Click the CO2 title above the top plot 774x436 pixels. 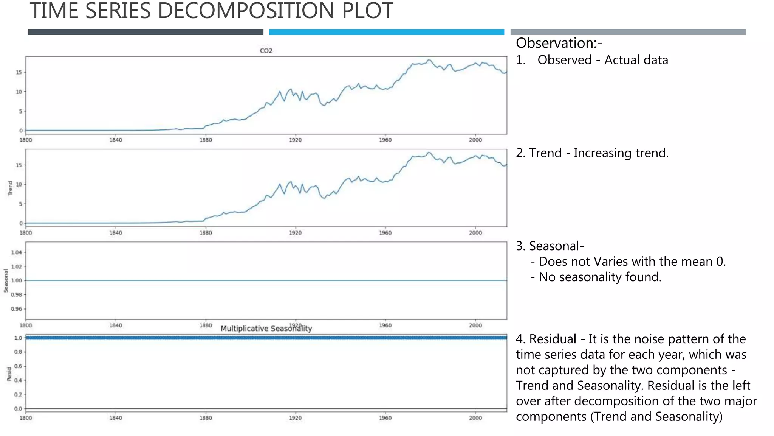(x=266, y=51)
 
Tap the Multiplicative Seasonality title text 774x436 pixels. (x=266, y=329)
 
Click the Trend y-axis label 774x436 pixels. (x=10, y=188)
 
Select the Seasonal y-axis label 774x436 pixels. (x=6, y=280)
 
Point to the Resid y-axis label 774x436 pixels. (x=9, y=374)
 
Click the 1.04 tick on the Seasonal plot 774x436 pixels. (x=17, y=252)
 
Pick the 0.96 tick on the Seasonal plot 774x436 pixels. (x=17, y=309)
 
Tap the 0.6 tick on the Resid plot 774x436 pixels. (x=18, y=366)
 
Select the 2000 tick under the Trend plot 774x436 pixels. (x=475, y=233)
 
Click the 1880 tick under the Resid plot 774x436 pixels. (x=206, y=418)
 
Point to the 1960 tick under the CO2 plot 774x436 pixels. (x=385, y=140)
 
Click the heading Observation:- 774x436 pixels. (x=559, y=43)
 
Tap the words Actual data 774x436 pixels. (x=636, y=60)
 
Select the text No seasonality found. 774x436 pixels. (x=600, y=277)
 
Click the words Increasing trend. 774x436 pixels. (x=621, y=153)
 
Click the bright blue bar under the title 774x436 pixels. (x=386, y=32)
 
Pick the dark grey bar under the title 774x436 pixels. (x=146, y=32)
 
